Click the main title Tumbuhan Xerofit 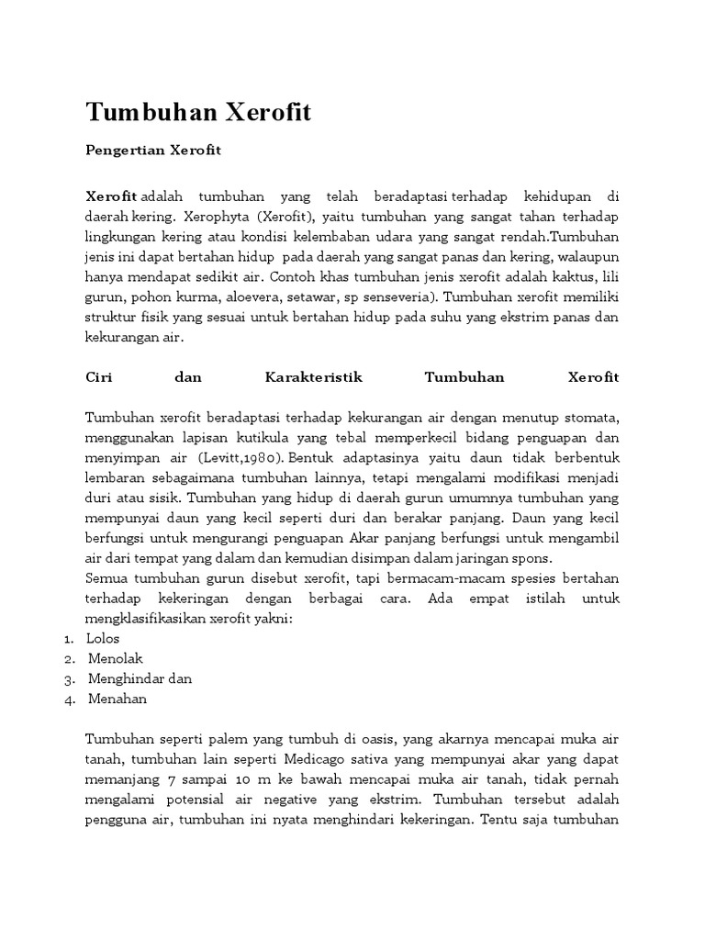point(198,113)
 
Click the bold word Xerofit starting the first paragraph point(111,196)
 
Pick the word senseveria point(393,297)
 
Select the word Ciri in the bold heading point(98,377)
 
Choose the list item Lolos point(103,638)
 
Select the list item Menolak point(116,658)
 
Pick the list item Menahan point(117,699)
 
